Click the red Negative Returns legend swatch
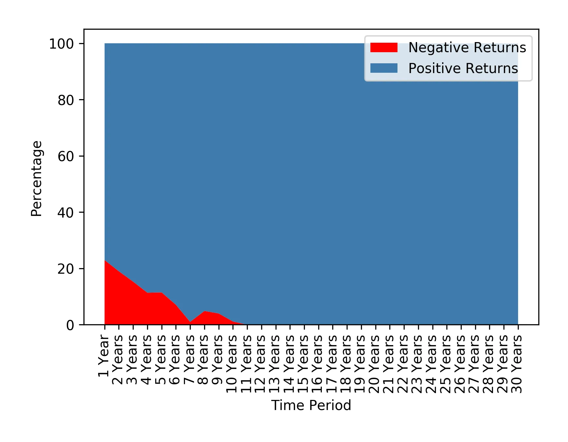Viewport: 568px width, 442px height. pos(384,48)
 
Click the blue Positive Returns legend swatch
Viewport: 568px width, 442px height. pos(384,68)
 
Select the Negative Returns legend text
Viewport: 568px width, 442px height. pos(467,48)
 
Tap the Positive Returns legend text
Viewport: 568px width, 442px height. pos(463,69)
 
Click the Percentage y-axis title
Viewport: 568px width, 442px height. pos(37,178)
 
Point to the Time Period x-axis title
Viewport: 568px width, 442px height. pos(311,405)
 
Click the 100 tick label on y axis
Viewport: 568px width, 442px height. pos(62,44)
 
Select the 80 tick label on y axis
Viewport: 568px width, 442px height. pos(66,100)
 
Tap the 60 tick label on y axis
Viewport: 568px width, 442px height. pos(66,157)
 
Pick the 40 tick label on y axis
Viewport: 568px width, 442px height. pos(66,213)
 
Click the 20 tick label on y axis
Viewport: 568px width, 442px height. pos(66,269)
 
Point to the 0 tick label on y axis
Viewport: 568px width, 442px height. pos(70,325)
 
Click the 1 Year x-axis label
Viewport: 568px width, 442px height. pos(104,356)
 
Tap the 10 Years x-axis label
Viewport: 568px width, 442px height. pos(232,364)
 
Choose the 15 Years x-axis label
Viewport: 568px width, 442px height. pos(304,364)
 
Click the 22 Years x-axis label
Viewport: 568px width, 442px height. pos(403,364)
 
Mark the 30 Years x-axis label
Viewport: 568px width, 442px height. pos(517,364)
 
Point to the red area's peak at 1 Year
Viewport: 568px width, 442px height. pos(105,261)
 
